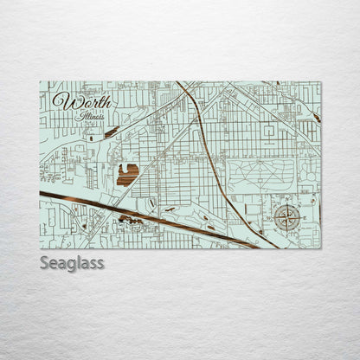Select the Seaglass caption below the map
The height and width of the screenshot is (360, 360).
71,262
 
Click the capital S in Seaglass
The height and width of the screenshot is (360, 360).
44,261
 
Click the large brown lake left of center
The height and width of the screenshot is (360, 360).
127,174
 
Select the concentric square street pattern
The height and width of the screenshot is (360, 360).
268,131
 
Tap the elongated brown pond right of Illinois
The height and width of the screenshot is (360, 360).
111,132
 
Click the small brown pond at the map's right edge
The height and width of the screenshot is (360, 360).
317,117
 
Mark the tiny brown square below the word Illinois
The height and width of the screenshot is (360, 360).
89,138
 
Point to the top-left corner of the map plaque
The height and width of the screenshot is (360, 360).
40,82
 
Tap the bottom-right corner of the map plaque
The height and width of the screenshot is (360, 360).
320,248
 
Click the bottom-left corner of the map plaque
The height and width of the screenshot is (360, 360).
40,248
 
